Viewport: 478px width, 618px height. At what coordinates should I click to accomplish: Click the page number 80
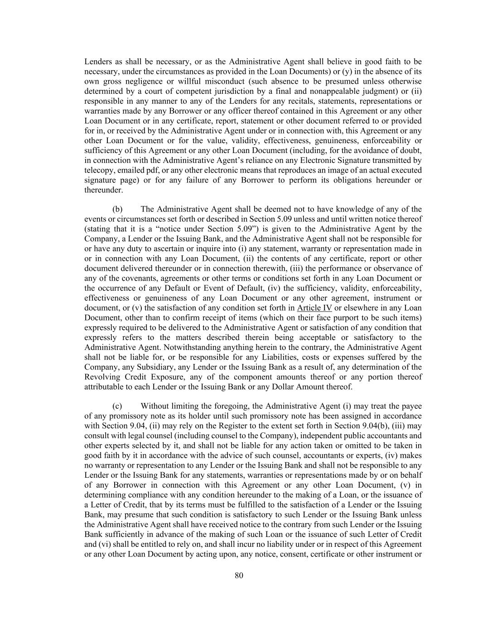click(x=239, y=575)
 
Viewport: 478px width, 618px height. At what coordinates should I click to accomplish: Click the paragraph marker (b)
click(x=117, y=209)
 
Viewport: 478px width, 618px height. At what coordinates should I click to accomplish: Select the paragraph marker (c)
click(x=117, y=406)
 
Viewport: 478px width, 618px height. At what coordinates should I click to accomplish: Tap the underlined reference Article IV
click(x=314, y=308)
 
